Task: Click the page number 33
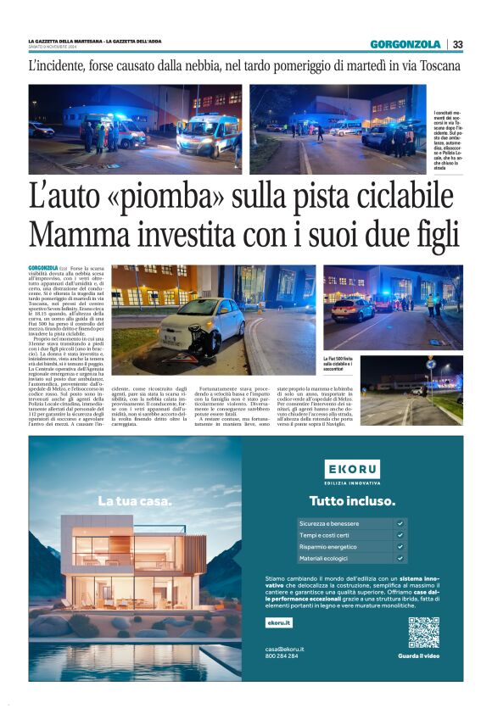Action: click(x=458, y=44)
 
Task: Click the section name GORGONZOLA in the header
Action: click(x=405, y=44)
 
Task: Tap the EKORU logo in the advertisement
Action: click(x=352, y=469)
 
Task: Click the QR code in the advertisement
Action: click(x=423, y=632)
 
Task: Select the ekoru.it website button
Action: click(x=278, y=622)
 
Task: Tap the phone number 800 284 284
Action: click(x=282, y=656)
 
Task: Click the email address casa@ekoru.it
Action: click(x=284, y=649)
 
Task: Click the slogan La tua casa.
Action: click(x=134, y=500)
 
